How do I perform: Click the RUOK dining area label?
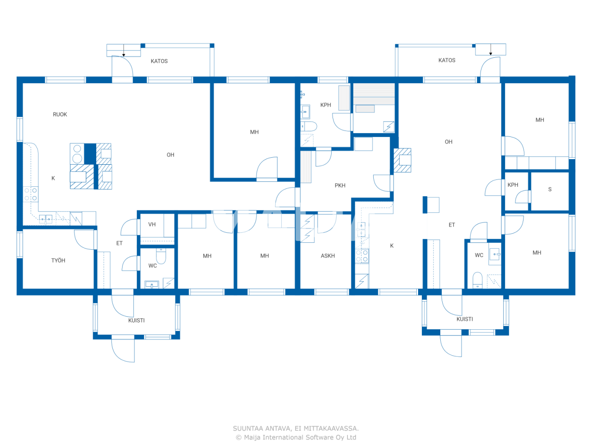[x=60, y=115]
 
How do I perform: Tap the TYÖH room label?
[x=58, y=261]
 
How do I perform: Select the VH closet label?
[x=152, y=225]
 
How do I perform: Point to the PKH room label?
[x=340, y=185]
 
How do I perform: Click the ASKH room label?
[x=328, y=256]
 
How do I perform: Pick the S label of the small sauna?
[x=550, y=190]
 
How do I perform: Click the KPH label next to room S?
[x=513, y=185]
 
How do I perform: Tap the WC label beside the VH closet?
[x=153, y=266]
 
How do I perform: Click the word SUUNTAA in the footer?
[x=248, y=429]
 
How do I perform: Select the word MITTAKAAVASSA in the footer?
[x=331, y=429]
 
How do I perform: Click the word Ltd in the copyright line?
[x=351, y=438]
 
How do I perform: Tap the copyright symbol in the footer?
[x=239, y=438]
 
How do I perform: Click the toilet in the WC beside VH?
[x=161, y=256]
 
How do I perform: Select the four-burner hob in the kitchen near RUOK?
[x=31, y=194]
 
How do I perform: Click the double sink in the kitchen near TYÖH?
[x=45, y=219]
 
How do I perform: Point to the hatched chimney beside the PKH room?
[x=402, y=160]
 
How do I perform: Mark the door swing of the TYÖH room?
[x=84, y=240]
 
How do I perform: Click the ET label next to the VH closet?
[x=119, y=243]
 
